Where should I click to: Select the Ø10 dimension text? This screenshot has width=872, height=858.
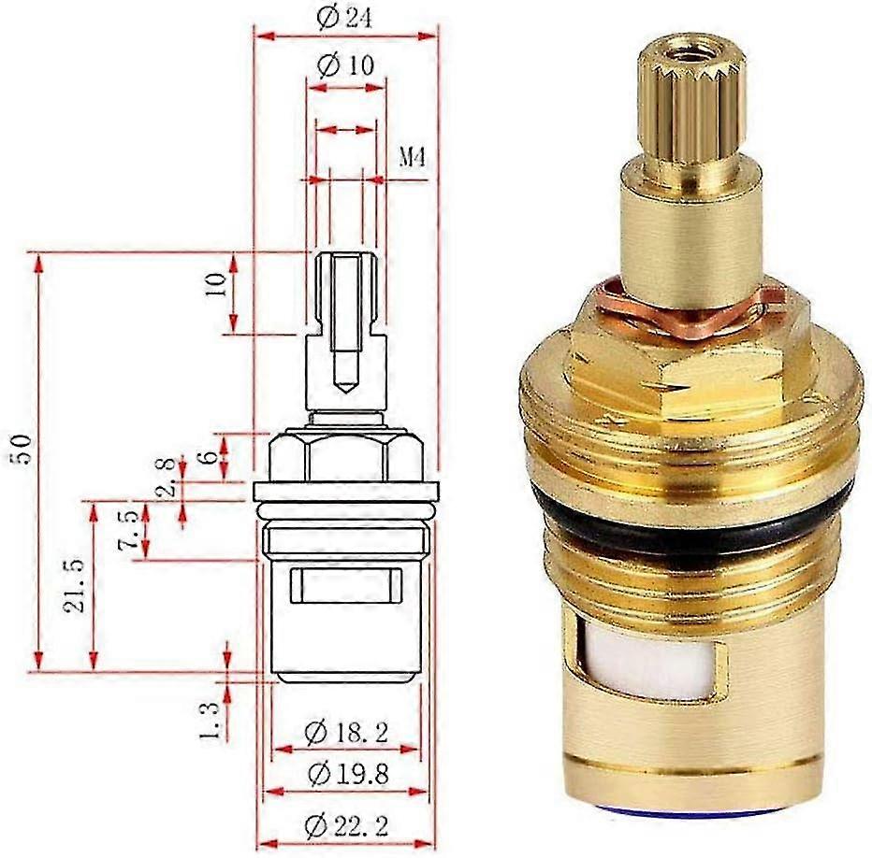(x=345, y=66)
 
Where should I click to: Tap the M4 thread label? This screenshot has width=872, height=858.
(x=413, y=157)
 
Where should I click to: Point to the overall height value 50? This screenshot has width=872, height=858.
(x=22, y=450)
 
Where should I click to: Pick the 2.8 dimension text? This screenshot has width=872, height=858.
(x=167, y=478)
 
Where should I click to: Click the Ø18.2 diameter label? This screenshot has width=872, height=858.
(x=345, y=733)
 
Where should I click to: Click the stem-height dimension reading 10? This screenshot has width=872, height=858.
(x=217, y=285)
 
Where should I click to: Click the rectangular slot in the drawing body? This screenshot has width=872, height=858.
(x=345, y=587)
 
